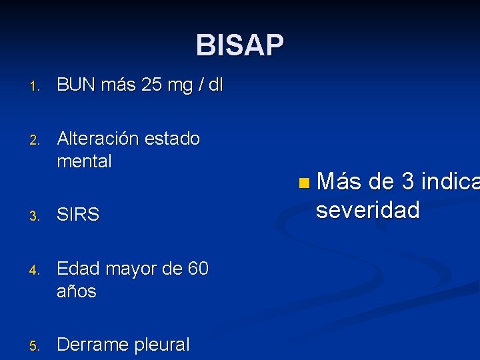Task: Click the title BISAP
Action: pos(240,45)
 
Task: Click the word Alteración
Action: pos(98,139)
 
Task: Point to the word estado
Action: pos(172,139)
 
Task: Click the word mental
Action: pos(84,161)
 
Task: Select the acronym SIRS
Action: pos(78,215)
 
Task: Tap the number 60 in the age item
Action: pos(198,269)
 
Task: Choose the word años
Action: pos(77,291)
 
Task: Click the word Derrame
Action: pos(93,345)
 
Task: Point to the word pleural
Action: pos(162,345)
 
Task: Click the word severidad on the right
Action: pos(367,211)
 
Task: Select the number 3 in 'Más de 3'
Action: pos(407,181)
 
